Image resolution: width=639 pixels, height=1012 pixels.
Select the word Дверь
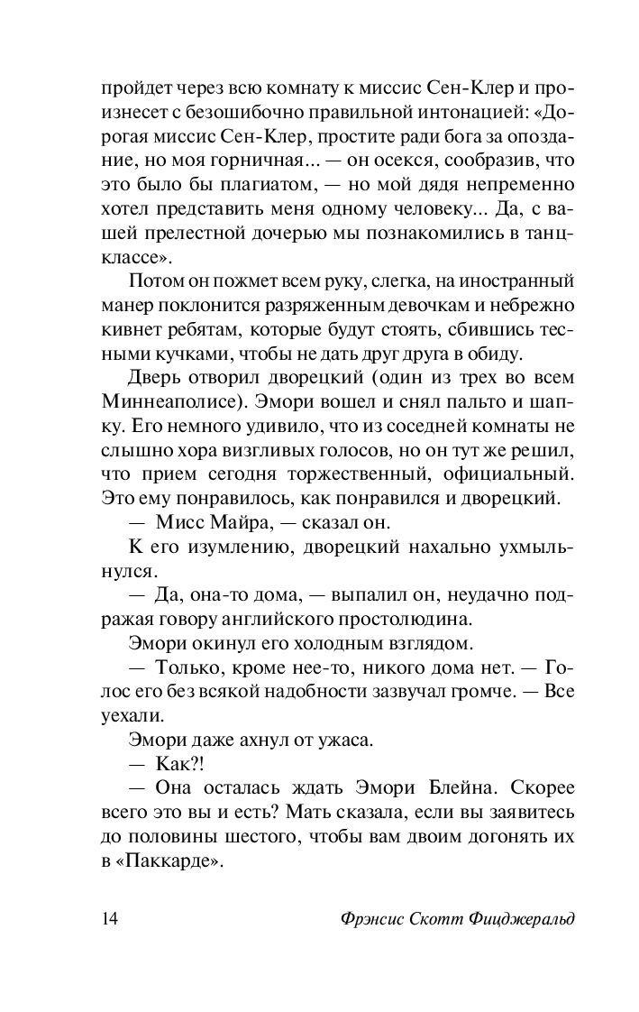158,373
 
